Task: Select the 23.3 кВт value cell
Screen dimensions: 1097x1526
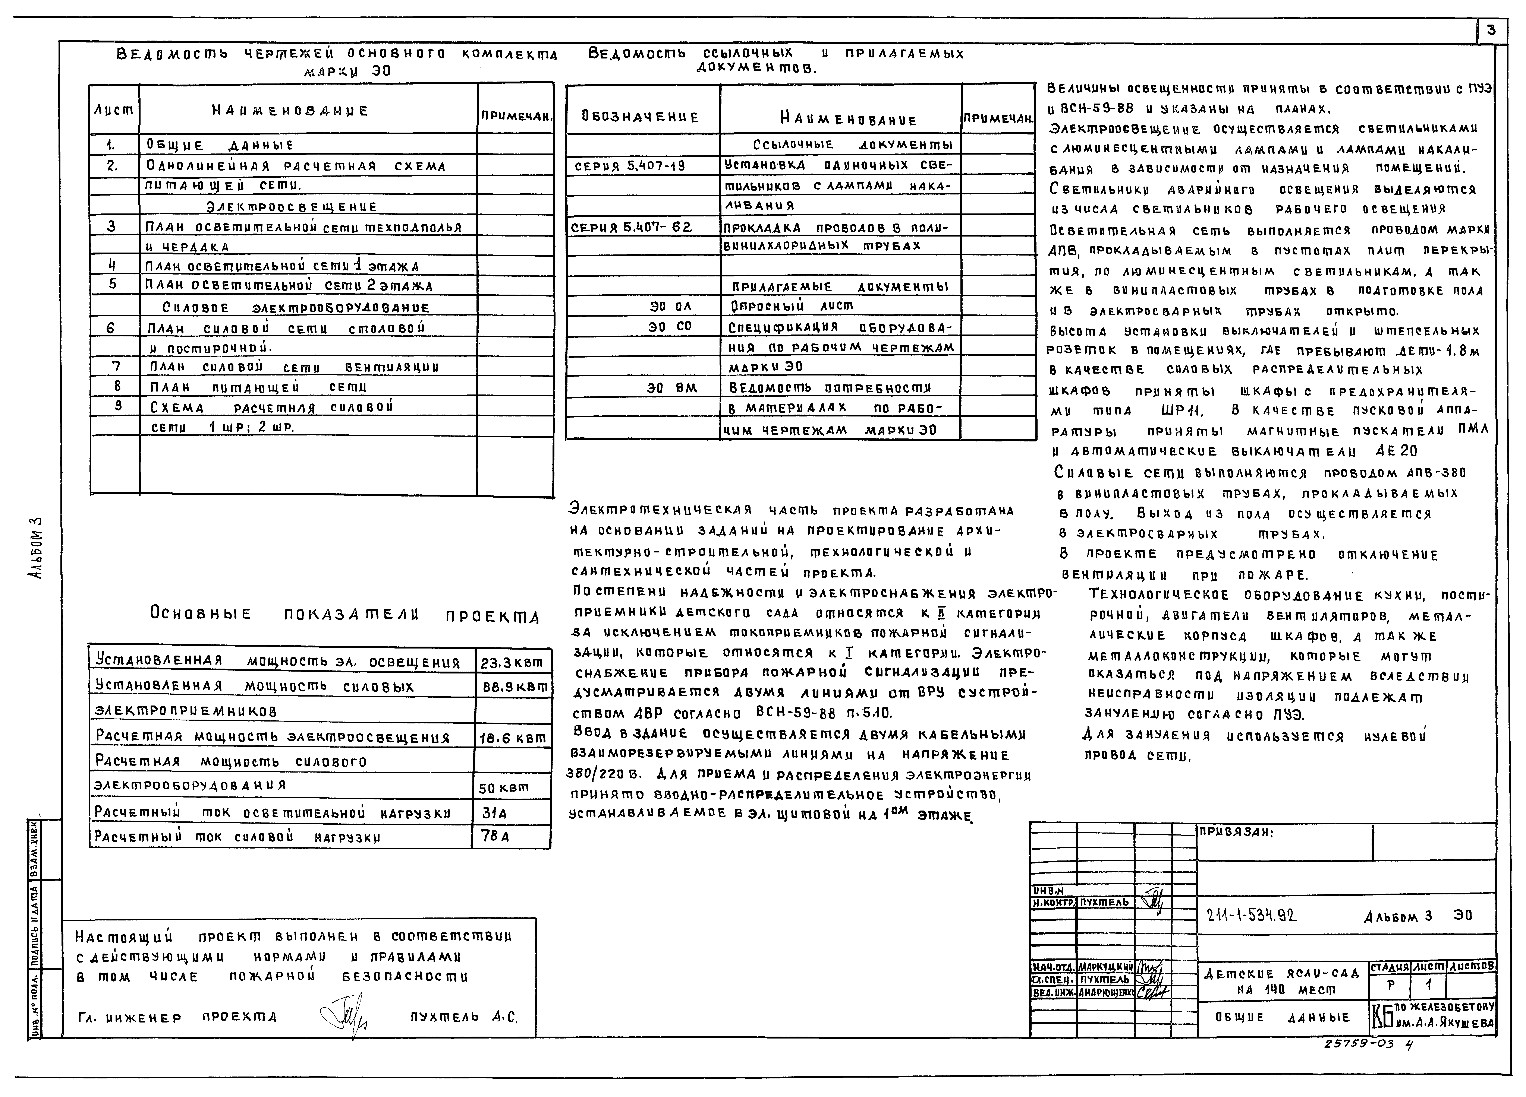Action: click(x=512, y=663)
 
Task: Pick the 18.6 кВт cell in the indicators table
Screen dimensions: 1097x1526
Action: click(x=512, y=738)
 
